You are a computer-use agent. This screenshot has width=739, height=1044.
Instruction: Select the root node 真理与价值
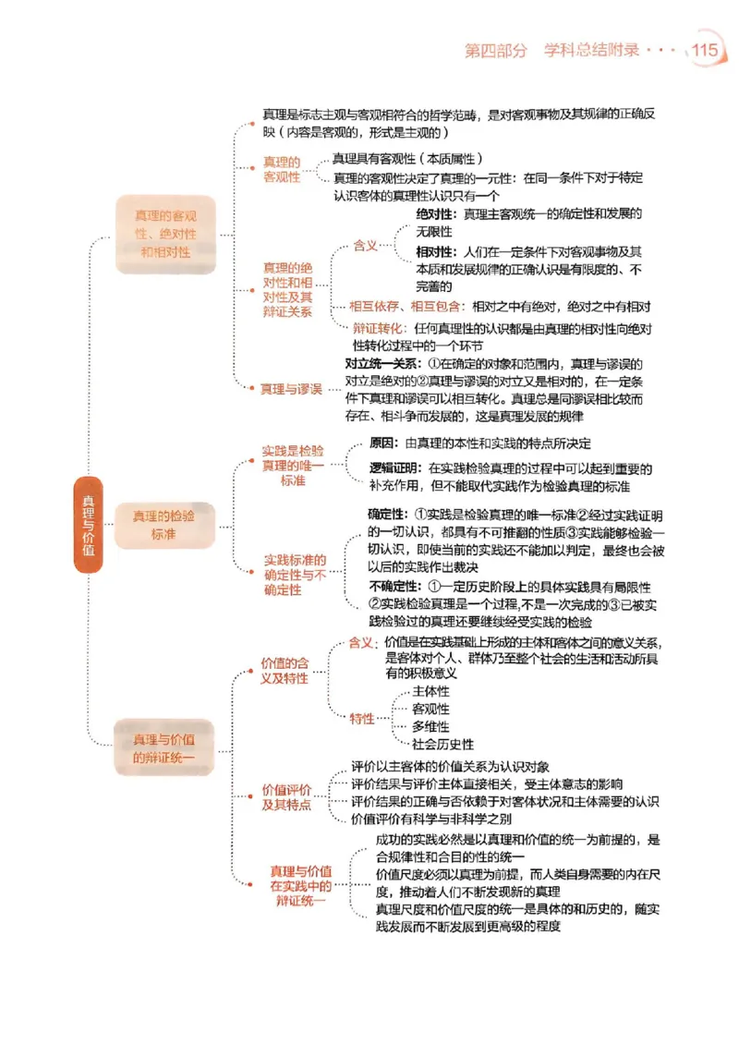pos(88,525)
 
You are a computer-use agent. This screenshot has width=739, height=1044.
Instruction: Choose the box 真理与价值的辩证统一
pos(164,747)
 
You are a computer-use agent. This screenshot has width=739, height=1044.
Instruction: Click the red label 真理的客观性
pos(282,169)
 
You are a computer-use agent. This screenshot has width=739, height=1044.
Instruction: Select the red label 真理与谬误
pos(291,389)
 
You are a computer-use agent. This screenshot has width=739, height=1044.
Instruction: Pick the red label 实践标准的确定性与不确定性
pos(295,575)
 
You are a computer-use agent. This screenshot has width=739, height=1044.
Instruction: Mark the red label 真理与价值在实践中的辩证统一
pos(300,885)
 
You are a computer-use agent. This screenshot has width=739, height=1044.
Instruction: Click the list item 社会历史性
pos(443,744)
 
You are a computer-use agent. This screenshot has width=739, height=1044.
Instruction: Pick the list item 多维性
pos(430,726)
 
